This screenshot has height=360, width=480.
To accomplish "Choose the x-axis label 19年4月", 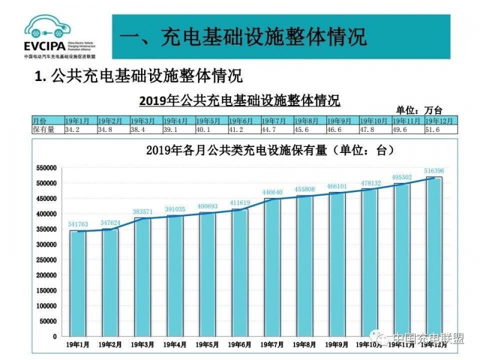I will [174, 345].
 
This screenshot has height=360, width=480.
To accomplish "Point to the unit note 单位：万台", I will [419, 110].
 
